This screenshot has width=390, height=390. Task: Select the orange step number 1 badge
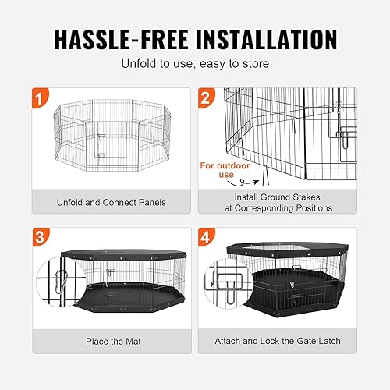pos(41,99)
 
